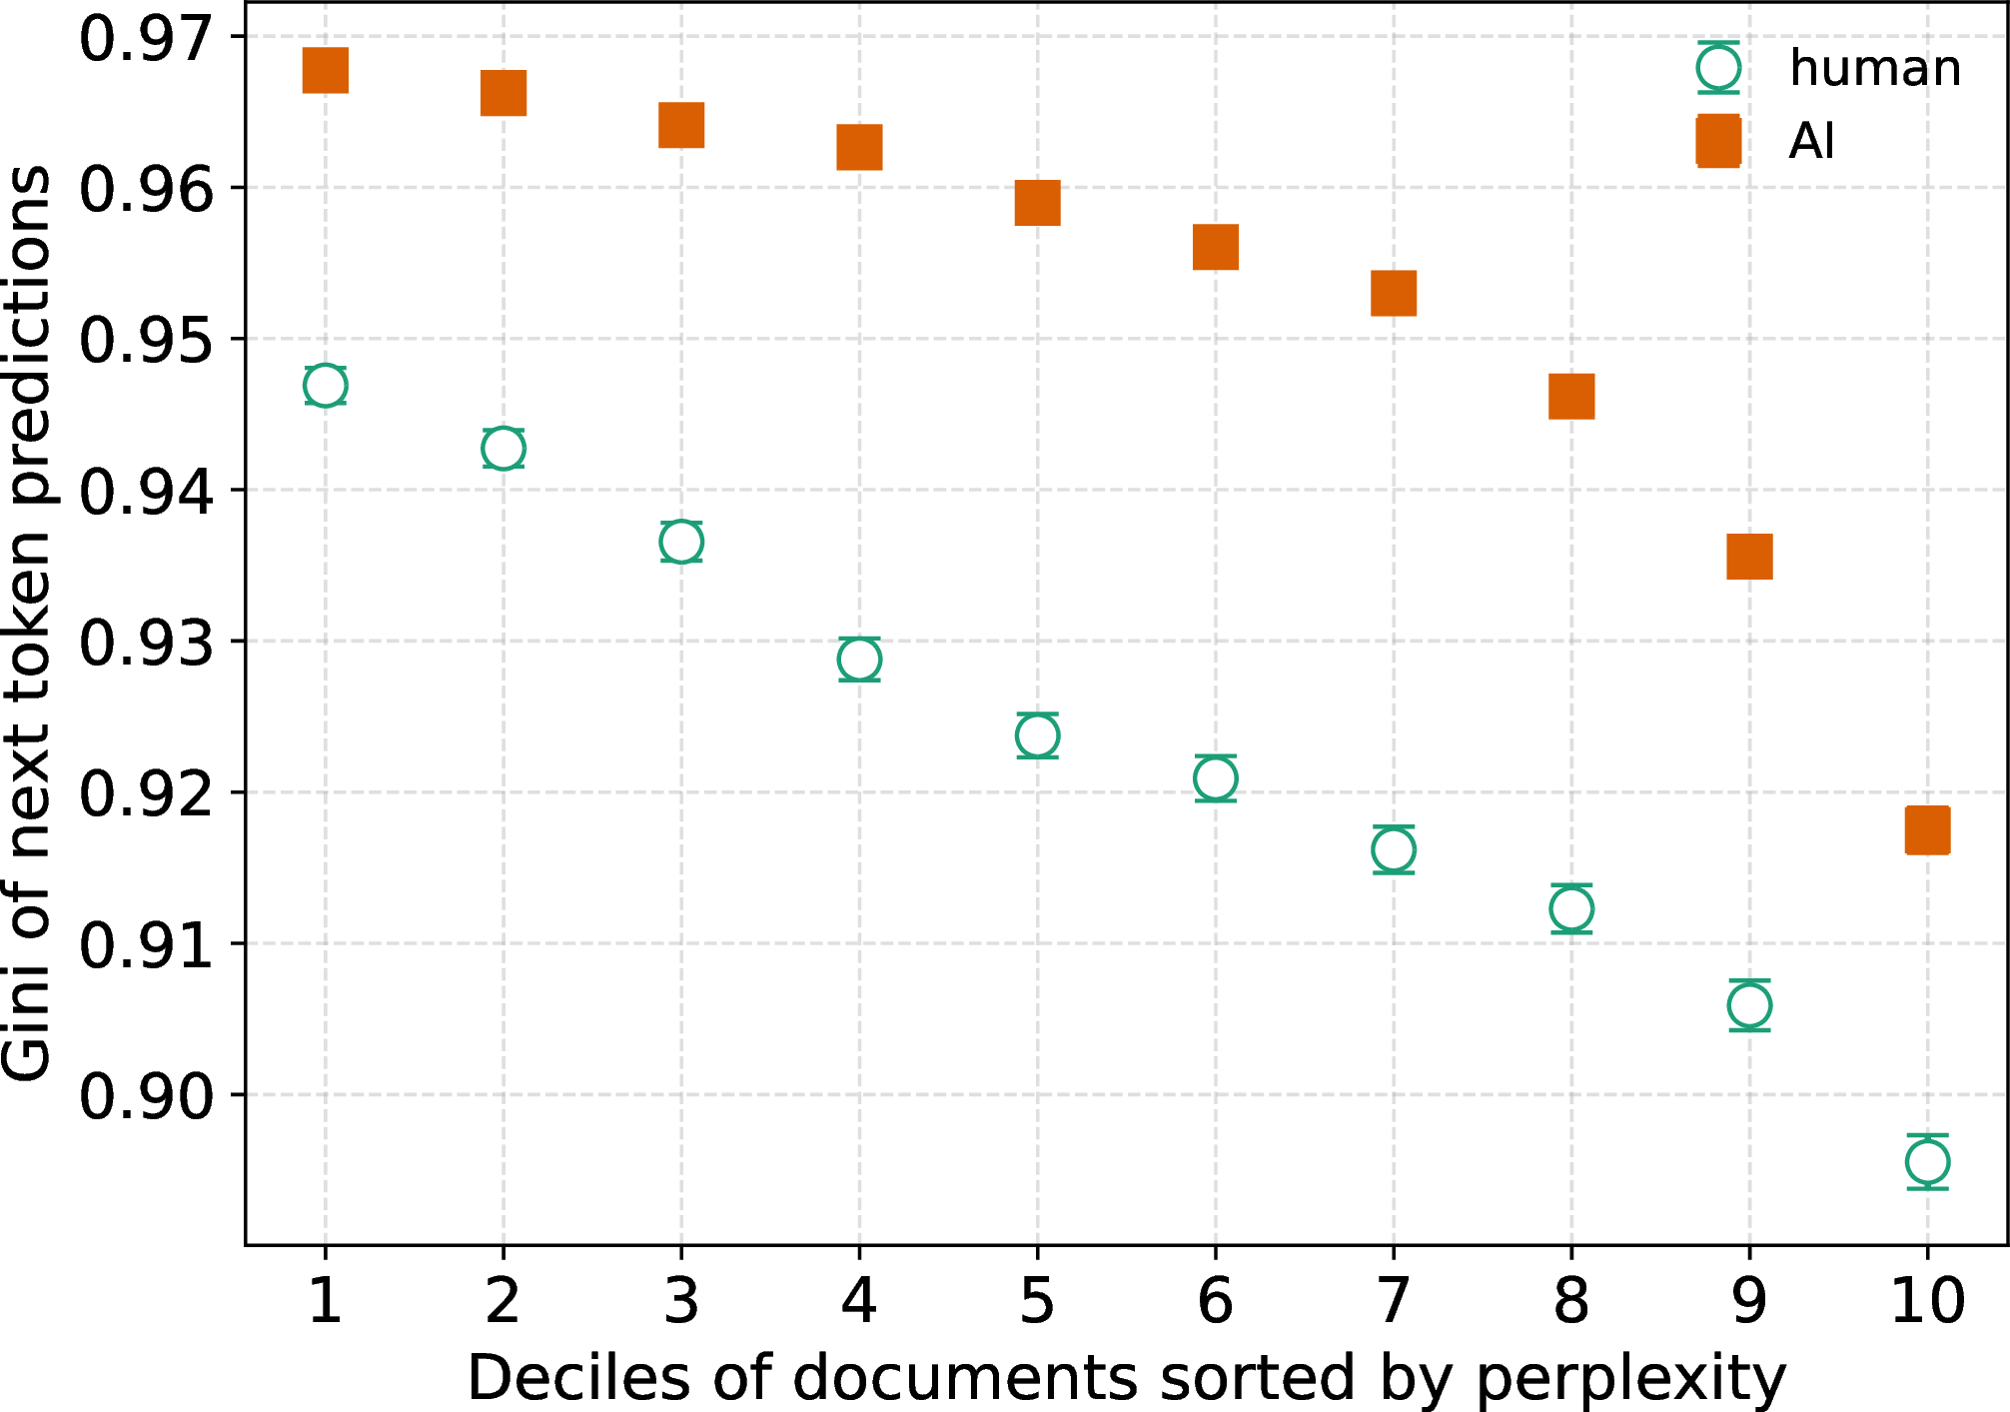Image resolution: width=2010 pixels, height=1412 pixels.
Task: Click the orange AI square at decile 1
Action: click(x=326, y=70)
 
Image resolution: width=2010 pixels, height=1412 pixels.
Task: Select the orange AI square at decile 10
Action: click(x=1927, y=830)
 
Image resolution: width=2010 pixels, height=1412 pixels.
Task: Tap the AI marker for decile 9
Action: click(x=1749, y=557)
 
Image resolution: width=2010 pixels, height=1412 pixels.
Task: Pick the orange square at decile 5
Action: click(x=1037, y=203)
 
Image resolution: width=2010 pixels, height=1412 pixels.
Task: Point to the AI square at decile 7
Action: click(x=1394, y=293)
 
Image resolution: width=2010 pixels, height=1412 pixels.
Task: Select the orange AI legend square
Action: click(x=1718, y=140)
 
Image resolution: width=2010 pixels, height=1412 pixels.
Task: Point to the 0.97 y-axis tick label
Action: click(x=146, y=40)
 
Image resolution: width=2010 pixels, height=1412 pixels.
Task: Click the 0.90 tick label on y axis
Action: click(x=146, y=1096)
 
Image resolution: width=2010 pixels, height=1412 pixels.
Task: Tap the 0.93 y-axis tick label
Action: click(x=146, y=643)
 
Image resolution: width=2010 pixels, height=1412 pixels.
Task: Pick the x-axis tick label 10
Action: click(x=1928, y=1301)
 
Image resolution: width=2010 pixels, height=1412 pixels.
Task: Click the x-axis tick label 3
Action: click(x=681, y=1301)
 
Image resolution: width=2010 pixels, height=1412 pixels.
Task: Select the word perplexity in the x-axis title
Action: click(x=1630, y=1380)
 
